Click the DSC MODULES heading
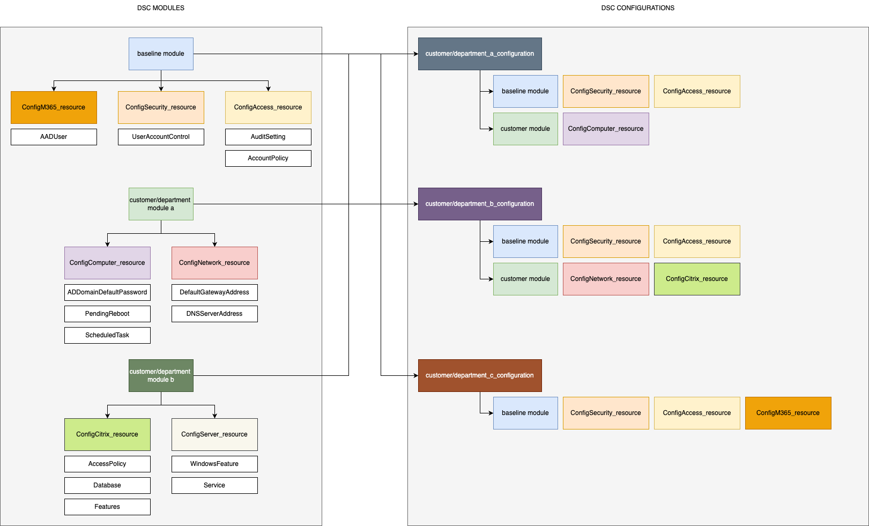pos(160,8)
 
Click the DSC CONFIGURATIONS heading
pos(637,8)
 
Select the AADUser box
pos(54,137)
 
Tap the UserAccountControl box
pos(161,137)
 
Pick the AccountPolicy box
pos(268,158)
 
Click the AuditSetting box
pos(268,137)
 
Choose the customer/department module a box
pos(161,204)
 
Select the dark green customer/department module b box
pos(161,375)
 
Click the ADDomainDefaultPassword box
pos(107,292)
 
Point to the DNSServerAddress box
pos(214,314)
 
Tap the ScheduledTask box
pos(107,335)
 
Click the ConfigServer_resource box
pos(214,434)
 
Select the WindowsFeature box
pos(214,464)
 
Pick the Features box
pos(107,507)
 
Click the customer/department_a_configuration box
pos(480,54)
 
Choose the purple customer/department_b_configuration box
pos(480,204)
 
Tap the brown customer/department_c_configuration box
pos(480,375)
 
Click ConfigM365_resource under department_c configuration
pos(788,413)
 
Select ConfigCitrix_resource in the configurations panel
pos(697,279)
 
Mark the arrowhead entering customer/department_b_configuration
pos(415,204)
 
